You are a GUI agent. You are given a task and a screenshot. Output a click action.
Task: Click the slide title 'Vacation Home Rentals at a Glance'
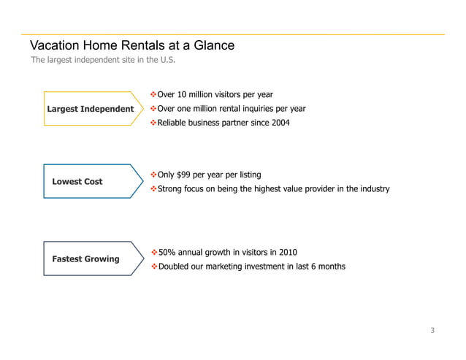coord(131,46)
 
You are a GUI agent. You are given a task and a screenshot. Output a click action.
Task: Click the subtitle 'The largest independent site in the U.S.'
coord(103,60)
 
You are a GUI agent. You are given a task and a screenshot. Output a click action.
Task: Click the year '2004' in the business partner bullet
coord(280,123)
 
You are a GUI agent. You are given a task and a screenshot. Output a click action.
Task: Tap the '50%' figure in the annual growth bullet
coord(167,253)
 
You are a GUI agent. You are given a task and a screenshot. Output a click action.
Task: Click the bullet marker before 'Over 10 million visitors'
coord(153,95)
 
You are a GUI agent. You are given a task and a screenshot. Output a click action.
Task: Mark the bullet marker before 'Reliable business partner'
coord(153,123)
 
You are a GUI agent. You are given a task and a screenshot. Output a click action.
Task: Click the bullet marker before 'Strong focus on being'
coord(153,189)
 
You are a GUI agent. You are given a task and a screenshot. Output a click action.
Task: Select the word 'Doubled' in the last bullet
coord(173,267)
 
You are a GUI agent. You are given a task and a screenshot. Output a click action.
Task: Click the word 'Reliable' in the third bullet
coord(173,123)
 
